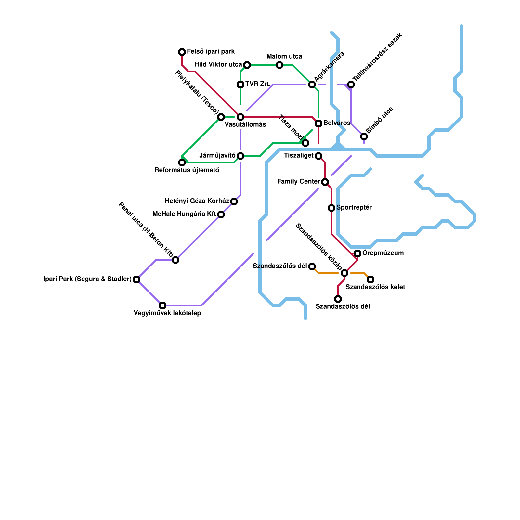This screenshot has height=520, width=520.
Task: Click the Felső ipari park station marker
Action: tap(182, 52)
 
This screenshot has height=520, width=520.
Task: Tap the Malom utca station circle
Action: tap(279, 65)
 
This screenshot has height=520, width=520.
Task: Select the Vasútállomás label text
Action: tap(245, 125)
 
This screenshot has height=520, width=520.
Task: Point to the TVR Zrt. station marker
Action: tap(240, 84)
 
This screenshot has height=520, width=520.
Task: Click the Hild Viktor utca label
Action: tap(218, 65)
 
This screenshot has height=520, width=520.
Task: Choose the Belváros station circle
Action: tap(318, 123)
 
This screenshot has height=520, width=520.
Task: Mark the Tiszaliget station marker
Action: tap(318, 156)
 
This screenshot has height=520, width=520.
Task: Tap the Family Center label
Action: tap(299, 182)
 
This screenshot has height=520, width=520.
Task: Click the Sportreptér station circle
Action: tap(331, 208)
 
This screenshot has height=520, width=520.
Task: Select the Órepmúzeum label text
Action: tap(383, 253)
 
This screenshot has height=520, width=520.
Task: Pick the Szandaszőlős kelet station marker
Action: tap(370, 279)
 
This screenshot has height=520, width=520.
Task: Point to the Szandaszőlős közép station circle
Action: tap(344, 273)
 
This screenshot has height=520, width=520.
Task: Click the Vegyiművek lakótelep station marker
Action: tap(162, 305)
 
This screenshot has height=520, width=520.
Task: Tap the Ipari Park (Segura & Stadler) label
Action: tap(87, 279)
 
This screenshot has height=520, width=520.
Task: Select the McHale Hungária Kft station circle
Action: tap(221, 214)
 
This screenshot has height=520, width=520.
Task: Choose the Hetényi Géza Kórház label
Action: tap(197, 201)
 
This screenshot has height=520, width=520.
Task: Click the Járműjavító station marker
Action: tap(240, 156)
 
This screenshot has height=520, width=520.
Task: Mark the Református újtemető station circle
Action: tap(182, 162)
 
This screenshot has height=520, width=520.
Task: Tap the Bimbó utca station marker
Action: tap(364, 136)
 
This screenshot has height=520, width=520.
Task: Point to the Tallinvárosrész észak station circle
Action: tap(351, 84)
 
